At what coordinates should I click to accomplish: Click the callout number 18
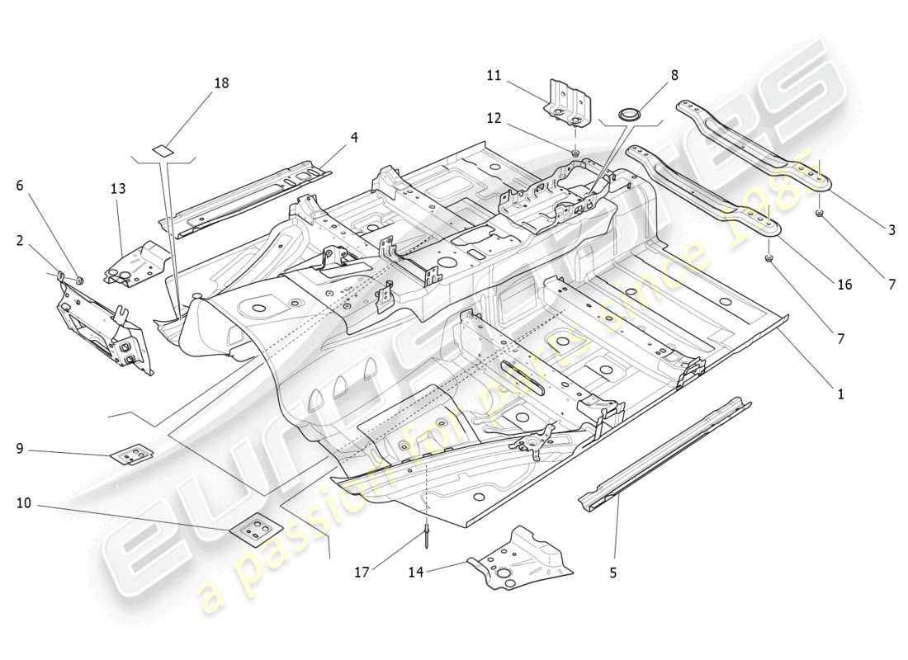[x=220, y=83]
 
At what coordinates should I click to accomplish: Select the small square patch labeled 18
[x=162, y=150]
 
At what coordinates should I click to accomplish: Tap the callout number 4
[x=353, y=137]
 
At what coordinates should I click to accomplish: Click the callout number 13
[x=118, y=189]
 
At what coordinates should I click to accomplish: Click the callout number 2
[x=18, y=240]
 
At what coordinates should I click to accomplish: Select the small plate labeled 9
[x=132, y=455]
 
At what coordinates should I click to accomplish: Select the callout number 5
[x=612, y=571]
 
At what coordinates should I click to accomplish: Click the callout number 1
[x=840, y=394]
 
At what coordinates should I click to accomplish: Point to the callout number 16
[x=844, y=285]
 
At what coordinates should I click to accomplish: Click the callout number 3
[x=891, y=230]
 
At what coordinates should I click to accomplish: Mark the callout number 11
[x=494, y=75]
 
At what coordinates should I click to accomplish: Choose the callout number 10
[x=23, y=502]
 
